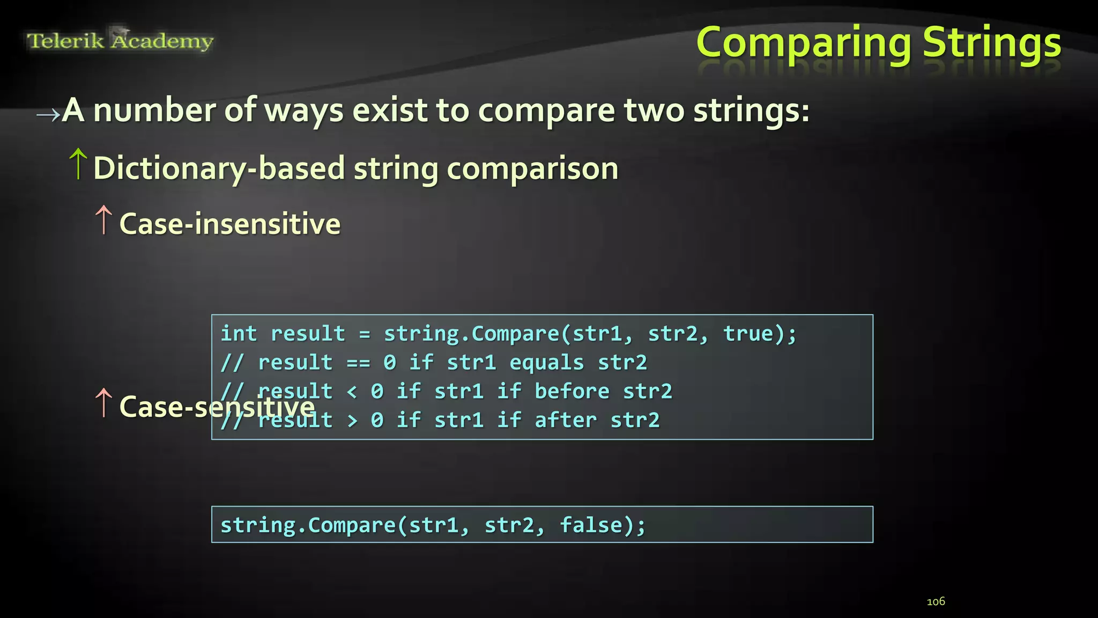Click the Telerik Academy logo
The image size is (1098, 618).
(x=120, y=40)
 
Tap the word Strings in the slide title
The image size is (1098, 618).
(x=992, y=43)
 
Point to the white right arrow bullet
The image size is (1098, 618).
(x=48, y=114)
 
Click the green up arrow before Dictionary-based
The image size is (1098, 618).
(x=78, y=164)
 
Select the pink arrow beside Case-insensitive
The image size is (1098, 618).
(x=103, y=220)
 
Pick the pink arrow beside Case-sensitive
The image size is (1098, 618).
(x=103, y=403)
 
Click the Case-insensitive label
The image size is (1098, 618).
(x=230, y=224)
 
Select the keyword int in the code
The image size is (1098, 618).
(x=239, y=334)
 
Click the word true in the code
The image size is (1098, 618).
(x=748, y=334)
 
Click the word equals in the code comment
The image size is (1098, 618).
(x=546, y=363)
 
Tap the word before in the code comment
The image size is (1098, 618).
(x=572, y=392)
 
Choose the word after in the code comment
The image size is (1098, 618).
(x=565, y=420)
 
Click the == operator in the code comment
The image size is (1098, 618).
(x=358, y=363)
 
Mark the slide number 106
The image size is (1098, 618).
(x=936, y=601)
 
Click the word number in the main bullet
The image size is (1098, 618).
(x=154, y=111)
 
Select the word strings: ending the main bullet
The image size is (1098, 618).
(x=751, y=111)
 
